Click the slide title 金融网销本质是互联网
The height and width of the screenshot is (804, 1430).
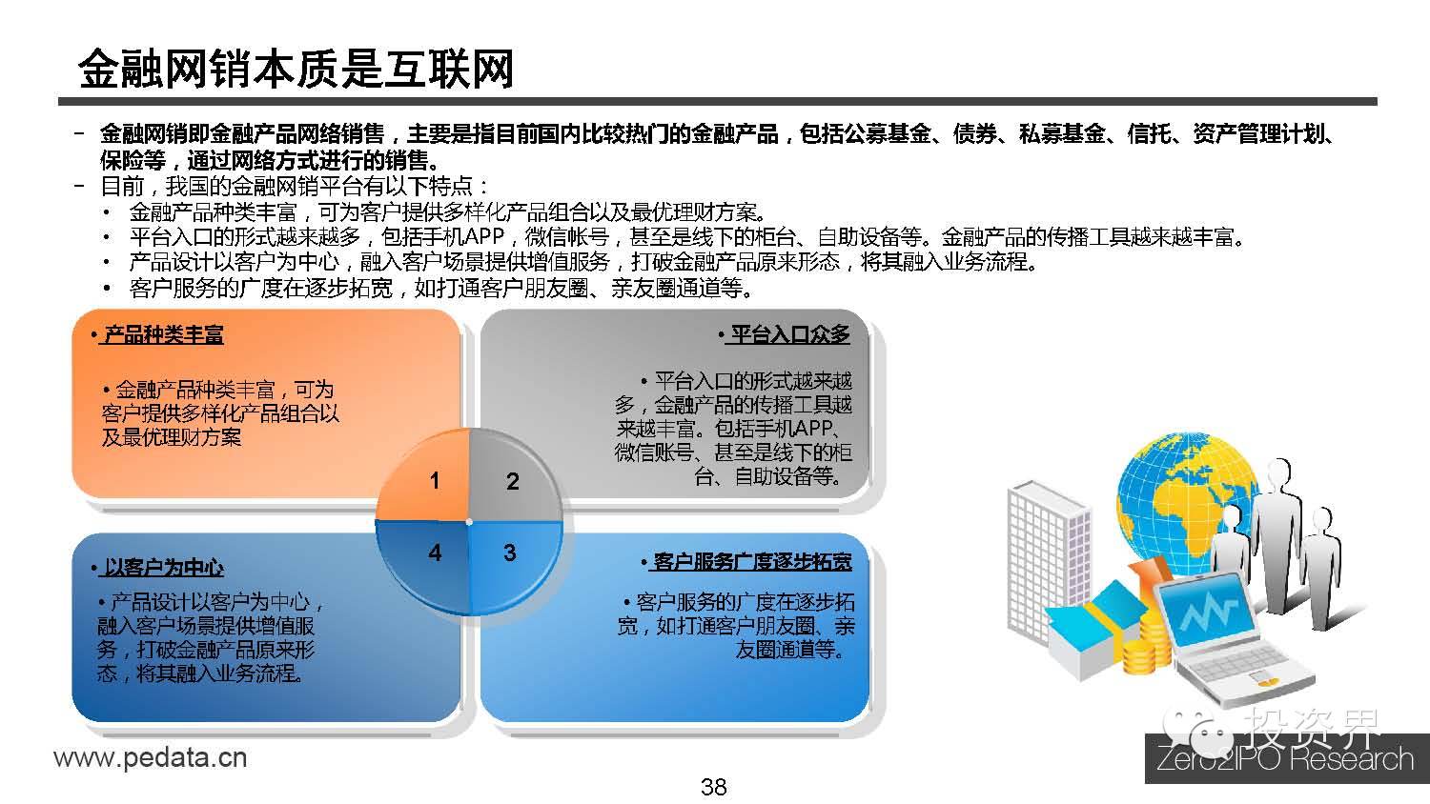(x=296, y=70)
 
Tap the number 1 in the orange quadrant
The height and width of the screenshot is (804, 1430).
(x=435, y=480)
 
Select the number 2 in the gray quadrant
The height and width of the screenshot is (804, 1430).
(x=512, y=481)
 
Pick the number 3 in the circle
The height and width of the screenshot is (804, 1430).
(x=510, y=553)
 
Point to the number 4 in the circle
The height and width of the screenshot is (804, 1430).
(x=435, y=553)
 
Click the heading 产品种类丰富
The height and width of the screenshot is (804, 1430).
(x=163, y=335)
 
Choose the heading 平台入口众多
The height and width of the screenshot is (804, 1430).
(x=788, y=334)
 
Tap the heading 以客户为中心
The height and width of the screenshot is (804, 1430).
(x=163, y=568)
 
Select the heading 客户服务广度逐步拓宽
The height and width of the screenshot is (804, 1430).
(x=751, y=561)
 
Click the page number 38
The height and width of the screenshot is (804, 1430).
(x=714, y=787)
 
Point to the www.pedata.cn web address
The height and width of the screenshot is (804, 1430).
(x=150, y=758)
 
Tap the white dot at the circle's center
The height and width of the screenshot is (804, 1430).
(x=470, y=521)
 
